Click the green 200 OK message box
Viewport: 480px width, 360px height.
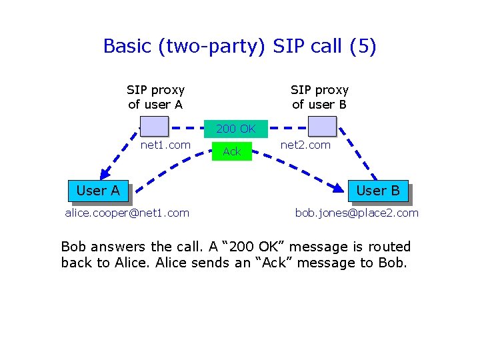[235, 129]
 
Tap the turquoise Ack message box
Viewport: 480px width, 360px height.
[231, 152]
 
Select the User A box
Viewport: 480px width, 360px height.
[98, 191]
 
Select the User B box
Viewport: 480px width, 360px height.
[377, 191]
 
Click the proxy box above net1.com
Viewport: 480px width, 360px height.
[155, 126]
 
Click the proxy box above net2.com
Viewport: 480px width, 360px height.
[323, 126]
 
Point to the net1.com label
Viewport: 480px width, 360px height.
[165, 145]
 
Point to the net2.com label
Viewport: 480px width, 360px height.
[305, 145]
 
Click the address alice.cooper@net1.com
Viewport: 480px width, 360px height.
[127, 213]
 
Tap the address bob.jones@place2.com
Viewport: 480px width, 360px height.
[357, 213]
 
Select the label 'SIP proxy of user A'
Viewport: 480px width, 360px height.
[155, 97]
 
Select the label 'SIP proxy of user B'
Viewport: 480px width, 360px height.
[319, 97]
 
